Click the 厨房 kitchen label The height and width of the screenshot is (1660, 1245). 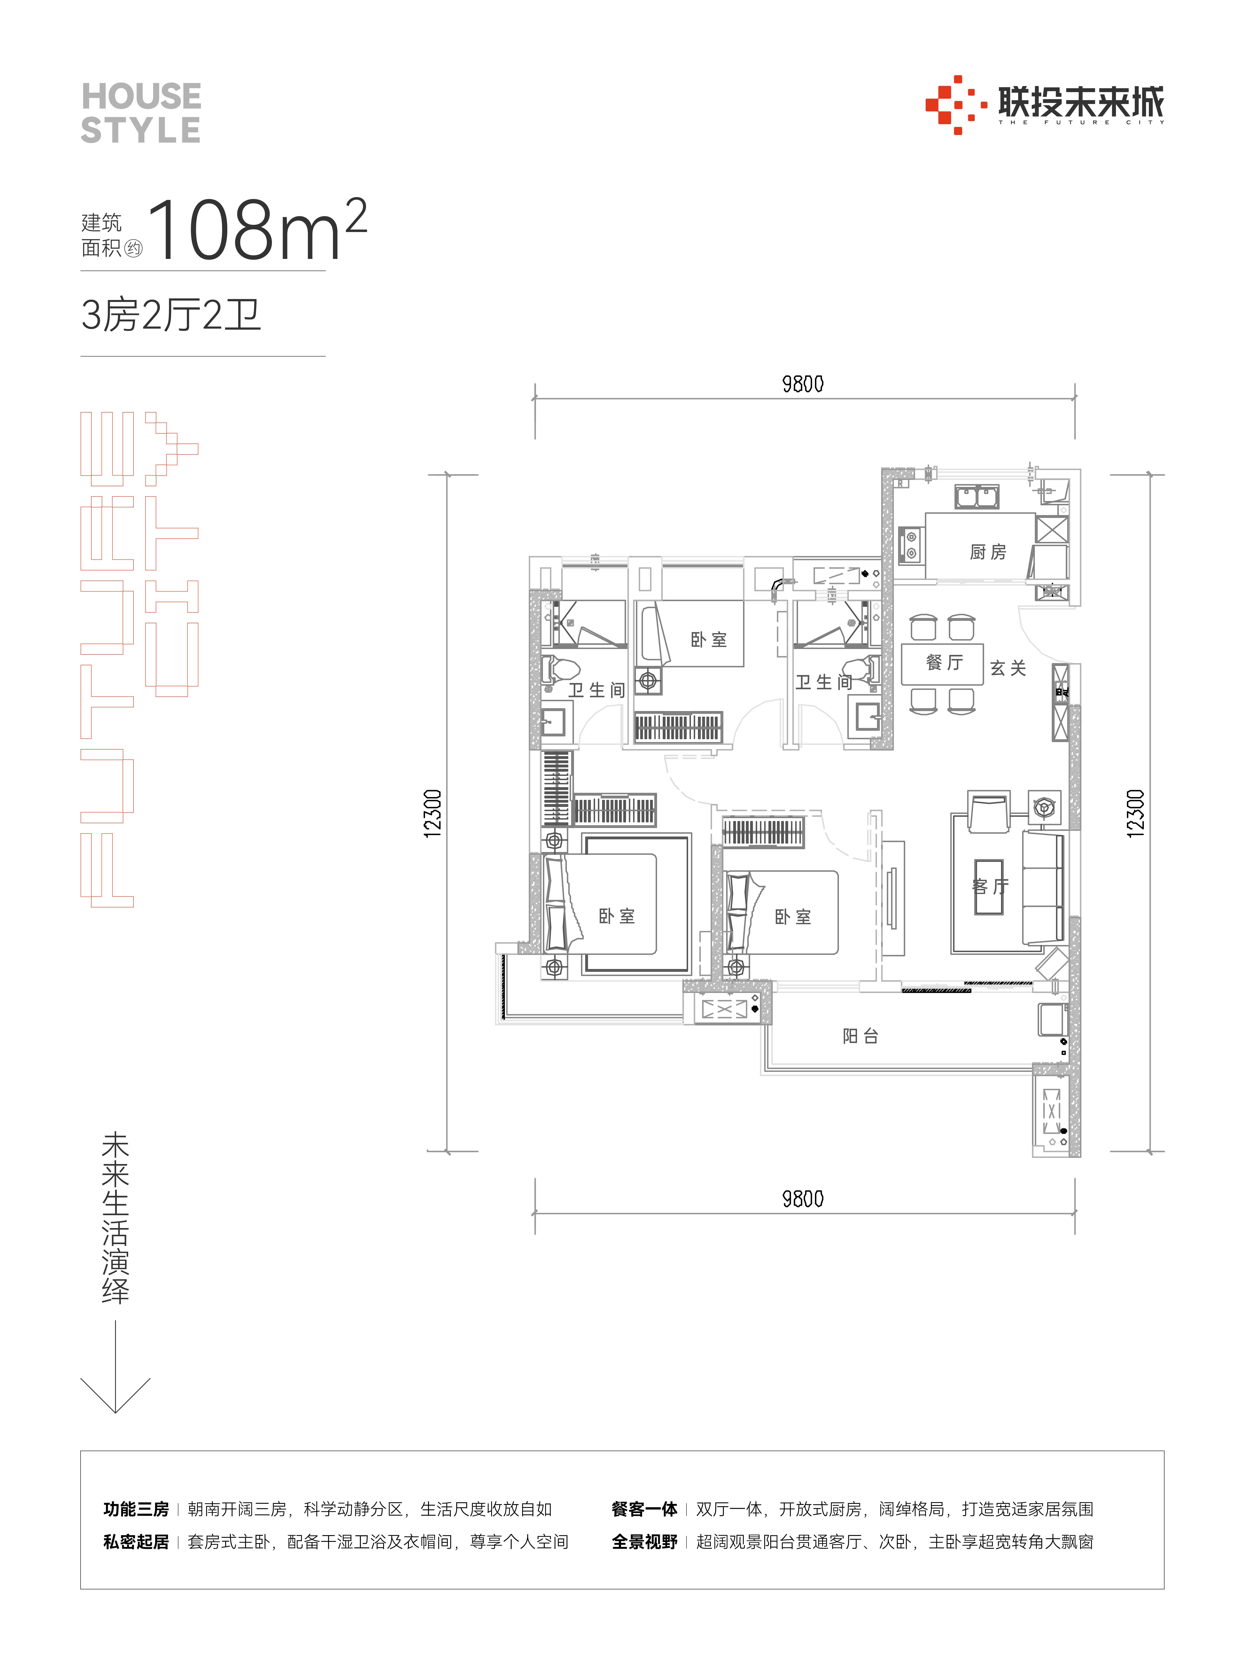(988, 552)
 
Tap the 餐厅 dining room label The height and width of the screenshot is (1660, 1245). (944, 662)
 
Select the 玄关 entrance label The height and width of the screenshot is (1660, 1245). (1008, 668)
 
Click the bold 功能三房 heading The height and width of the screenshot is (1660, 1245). (136, 1509)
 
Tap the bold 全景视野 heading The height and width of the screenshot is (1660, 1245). (645, 1541)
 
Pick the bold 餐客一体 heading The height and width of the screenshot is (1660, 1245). (645, 1509)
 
